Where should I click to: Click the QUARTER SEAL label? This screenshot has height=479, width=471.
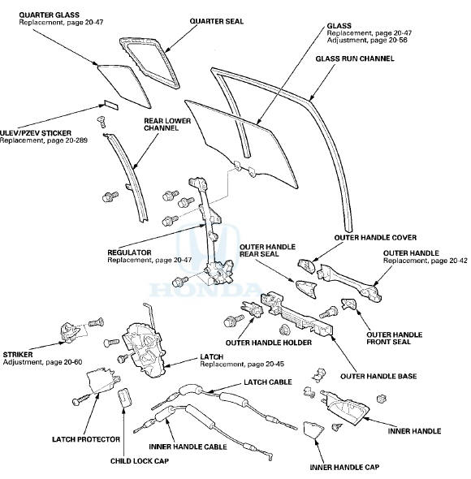[216, 21]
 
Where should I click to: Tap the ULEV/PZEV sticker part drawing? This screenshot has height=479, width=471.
[111, 105]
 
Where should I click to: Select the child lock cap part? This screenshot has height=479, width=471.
[124, 398]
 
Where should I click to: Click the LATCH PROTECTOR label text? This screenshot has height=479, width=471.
[86, 439]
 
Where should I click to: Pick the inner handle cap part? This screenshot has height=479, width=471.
[313, 429]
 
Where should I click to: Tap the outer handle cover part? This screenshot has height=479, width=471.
[306, 265]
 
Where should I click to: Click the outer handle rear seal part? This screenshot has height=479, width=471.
[306, 289]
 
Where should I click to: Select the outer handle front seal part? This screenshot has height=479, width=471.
[348, 304]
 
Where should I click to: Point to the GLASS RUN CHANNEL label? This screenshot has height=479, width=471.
[355, 58]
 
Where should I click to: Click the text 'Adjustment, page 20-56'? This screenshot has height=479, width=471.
[367, 41]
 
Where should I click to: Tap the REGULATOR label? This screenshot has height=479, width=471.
[130, 253]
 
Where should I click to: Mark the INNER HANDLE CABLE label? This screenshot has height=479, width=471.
[188, 447]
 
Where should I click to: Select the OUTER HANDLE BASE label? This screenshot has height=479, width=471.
[378, 376]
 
